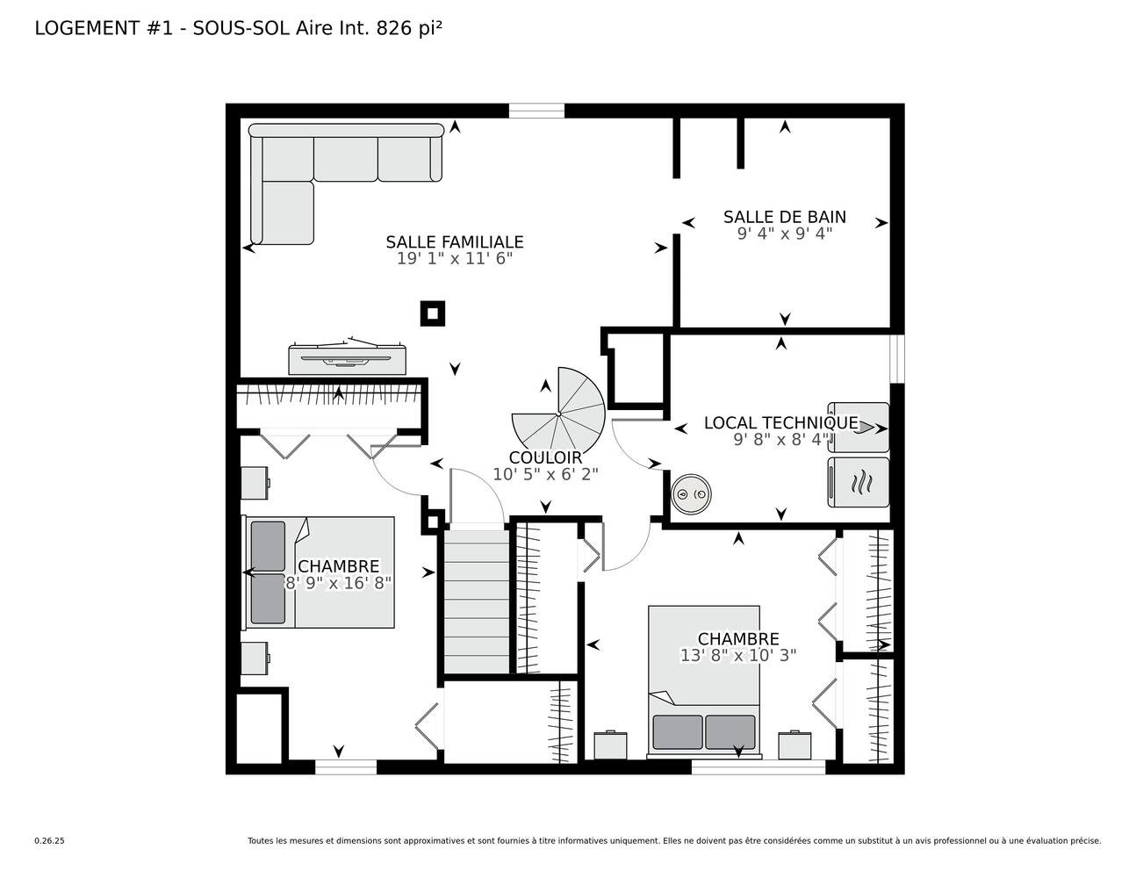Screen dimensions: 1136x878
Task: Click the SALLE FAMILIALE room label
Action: [x=454, y=242]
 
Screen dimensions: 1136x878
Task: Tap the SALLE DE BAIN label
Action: [x=784, y=217]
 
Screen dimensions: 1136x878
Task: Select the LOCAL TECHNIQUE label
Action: [x=781, y=423]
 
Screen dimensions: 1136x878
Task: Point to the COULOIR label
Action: [x=545, y=457]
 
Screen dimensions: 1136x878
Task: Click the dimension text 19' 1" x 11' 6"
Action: [x=454, y=259]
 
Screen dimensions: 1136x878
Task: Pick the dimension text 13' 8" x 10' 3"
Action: [x=737, y=655]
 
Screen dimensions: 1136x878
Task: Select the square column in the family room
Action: [x=433, y=313]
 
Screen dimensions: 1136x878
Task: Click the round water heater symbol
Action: [x=691, y=493]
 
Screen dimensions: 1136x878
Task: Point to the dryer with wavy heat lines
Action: [x=858, y=482]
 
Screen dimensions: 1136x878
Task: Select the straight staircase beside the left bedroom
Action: [x=476, y=601]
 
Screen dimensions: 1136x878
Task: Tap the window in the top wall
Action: [x=536, y=111]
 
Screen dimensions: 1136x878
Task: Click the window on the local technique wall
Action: [x=897, y=359]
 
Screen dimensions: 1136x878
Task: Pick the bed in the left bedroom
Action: [x=319, y=572]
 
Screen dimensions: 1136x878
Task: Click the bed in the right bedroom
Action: [x=704, y=681]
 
